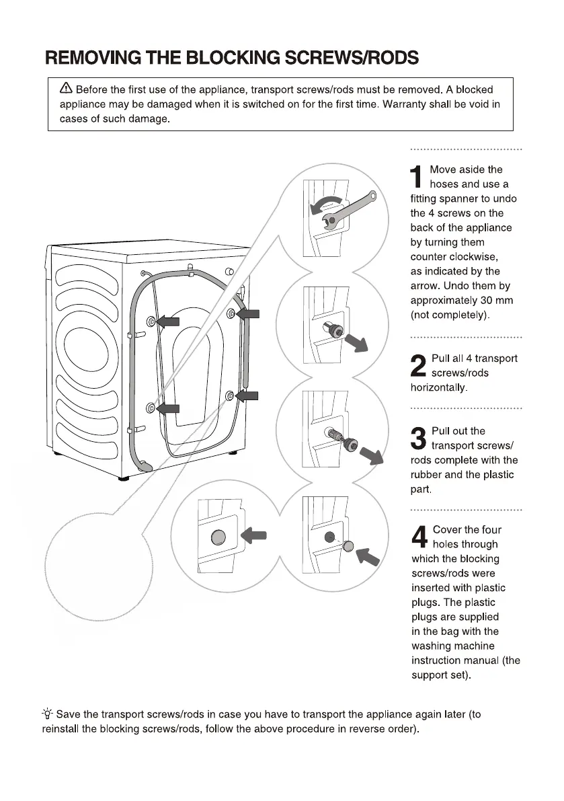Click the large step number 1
tap(417, 177)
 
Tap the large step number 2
tap(418, 366)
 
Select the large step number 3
tap(418, 438)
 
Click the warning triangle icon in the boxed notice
tap(66, 89)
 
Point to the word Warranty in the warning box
tap(405, 104)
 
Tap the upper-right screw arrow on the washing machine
tap(247, 313)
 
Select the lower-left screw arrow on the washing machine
tap(169, 408)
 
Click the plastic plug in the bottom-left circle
tap(219, 537)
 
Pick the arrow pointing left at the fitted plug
tap(253, 535)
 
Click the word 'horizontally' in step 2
tap(438, 387)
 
